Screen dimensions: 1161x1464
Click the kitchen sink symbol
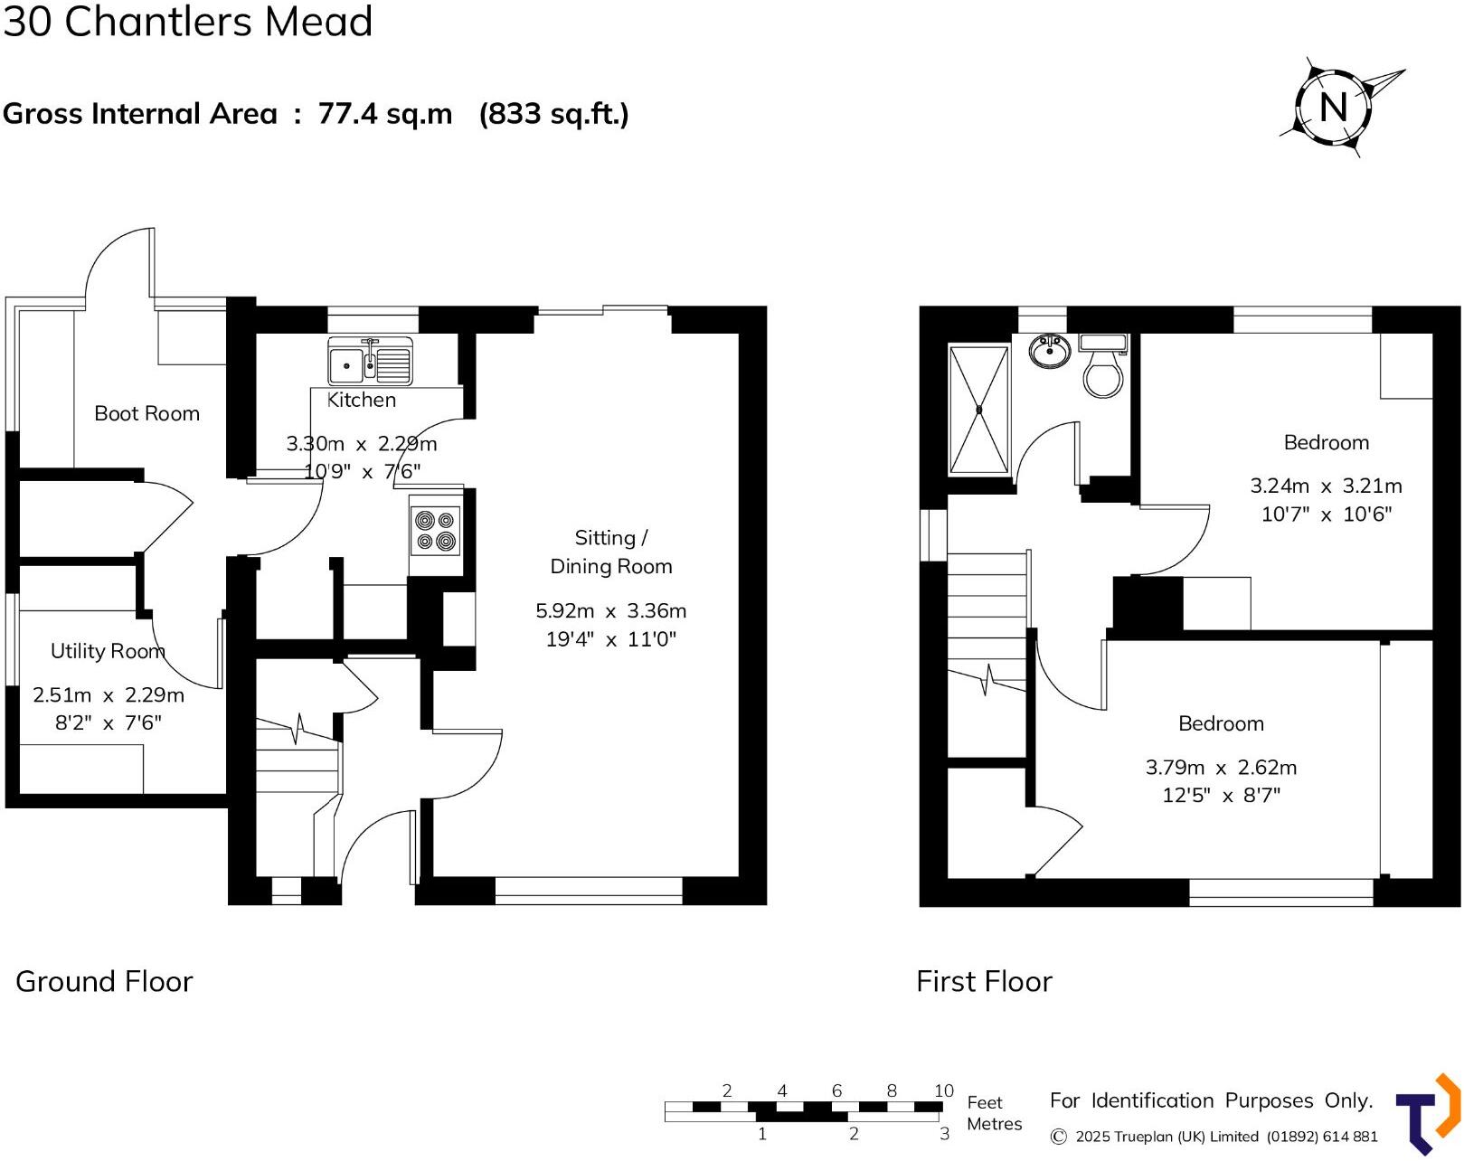click(370, 362)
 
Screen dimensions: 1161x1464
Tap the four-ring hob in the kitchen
click(436, 531)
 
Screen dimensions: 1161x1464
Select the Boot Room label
click(146, 413)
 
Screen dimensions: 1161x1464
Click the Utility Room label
click(108, 651)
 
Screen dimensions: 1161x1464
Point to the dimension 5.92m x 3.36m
click(610, 611)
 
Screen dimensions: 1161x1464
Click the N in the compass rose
click(1333, 107)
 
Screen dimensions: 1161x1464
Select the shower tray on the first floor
click(978, 409)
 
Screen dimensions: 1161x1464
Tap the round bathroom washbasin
click(1049, 351)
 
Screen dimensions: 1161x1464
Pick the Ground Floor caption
click(104, 981)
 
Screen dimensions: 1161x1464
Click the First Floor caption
click(984, 981)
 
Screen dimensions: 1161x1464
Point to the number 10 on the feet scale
click(943, 1090)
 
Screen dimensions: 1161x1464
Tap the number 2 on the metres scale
click(853, 1134)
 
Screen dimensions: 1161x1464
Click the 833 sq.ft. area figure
click(553, 114)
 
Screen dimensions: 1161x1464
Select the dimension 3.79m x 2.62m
click(1221, 768)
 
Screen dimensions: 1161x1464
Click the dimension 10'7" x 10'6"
click(1326, 514)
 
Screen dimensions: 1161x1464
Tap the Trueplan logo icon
click(1428, 1114)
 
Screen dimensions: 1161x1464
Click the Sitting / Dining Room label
click(610, 552)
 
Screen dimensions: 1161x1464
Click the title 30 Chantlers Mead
click(187, 22)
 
